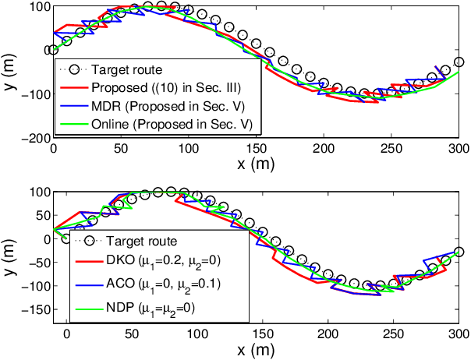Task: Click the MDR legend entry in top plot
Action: pyautogui.click(x=164, y=105)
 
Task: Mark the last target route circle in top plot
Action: pyautogui.click(x=459, y=62)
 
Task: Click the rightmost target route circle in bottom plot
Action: pyautogui.click(x=459, y=252)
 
